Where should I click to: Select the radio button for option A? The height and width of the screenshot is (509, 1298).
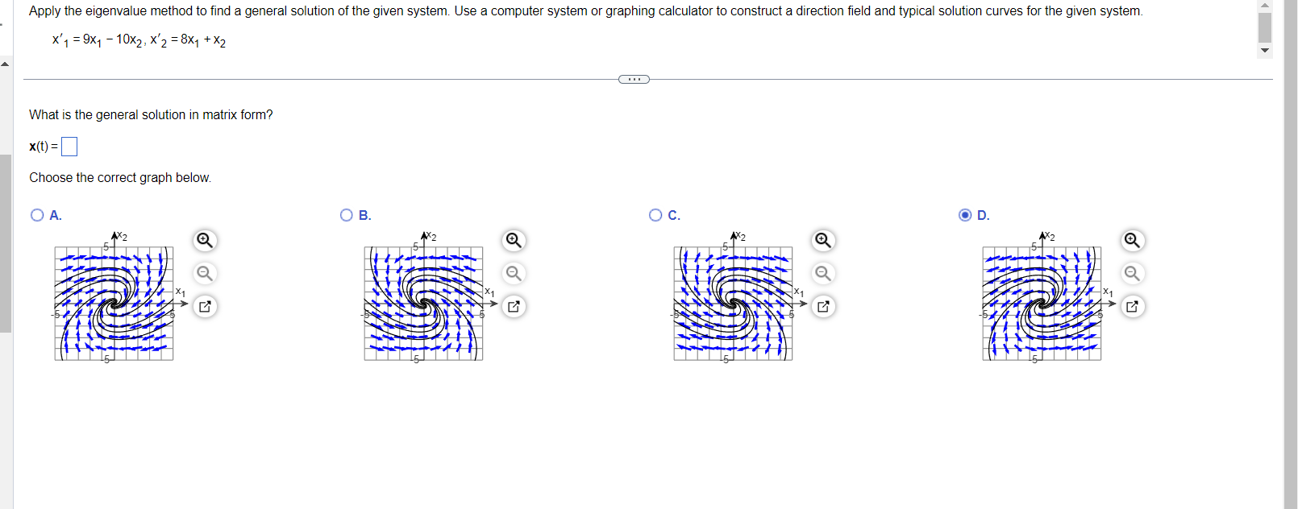point(37,215)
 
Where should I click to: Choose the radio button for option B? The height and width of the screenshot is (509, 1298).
point(347,215)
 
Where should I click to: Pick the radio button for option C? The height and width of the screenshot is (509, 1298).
point(655,215)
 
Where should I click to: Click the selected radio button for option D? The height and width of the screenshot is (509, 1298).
point(965,215)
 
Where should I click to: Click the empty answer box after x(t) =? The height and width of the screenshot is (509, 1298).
point(69,147)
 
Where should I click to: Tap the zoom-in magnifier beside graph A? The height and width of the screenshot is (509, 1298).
point(205,240)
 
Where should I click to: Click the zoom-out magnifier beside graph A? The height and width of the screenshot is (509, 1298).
point(205,273)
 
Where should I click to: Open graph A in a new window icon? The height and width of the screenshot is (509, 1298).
point(205,306)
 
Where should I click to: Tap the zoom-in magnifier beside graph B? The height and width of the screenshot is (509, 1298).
point(514,240)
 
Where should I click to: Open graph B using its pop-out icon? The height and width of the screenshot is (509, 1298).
point(514,306)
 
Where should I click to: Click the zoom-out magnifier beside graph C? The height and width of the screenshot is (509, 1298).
point(823,273)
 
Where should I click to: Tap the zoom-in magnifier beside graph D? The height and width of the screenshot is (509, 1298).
point(1132,240)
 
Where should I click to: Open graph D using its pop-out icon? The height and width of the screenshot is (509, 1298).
point(1132,306)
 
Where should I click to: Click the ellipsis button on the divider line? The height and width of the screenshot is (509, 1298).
point(634,79)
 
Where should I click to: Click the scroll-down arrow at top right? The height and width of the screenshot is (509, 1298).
point(1265,50)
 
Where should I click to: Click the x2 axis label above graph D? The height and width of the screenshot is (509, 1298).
point(1049,236)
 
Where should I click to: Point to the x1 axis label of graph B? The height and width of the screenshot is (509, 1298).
point(489,292)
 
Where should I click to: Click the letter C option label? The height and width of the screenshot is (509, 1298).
point(674,215)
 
